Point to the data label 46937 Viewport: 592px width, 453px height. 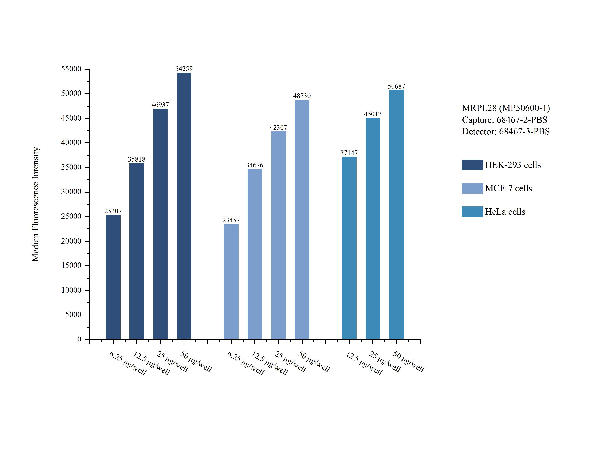click(160, 105)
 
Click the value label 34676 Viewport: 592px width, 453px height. click(254, 165)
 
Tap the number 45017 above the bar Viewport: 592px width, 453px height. click(373, 114)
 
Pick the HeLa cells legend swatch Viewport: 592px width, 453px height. click(472, 212)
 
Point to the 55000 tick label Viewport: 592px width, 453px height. click(71, 69)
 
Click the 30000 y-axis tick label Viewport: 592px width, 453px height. click(71, 192)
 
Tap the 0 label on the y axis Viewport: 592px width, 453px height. click(79, 339)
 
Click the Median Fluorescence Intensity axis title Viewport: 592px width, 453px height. click(36, 204)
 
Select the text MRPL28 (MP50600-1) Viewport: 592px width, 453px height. click(506, 108)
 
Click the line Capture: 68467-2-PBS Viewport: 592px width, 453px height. click(504, 120)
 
